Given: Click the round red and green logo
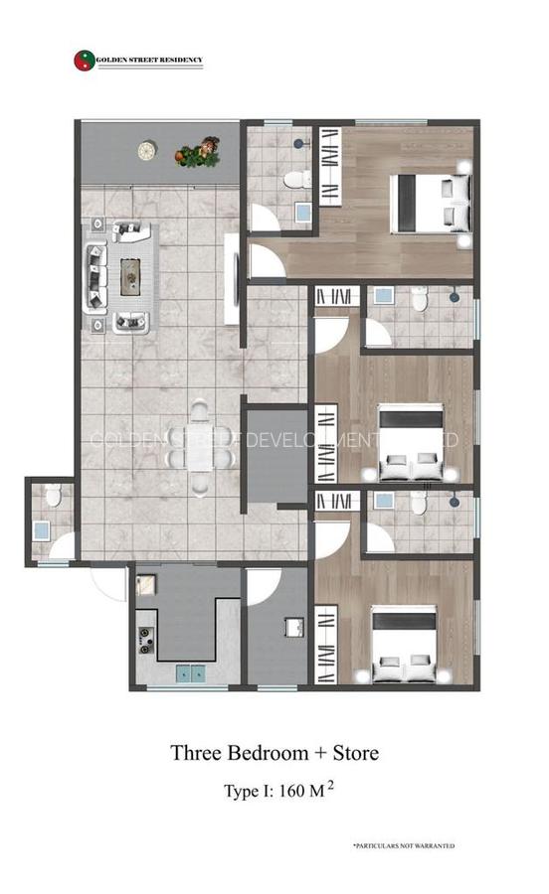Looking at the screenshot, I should (x=84, y=62).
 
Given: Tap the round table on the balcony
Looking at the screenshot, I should (x=147, y=150).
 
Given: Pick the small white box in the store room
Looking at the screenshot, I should (x=293, y=627).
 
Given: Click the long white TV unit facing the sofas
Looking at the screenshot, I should (x=231, y=278).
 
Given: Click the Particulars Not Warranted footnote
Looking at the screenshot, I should (x=403, y=845).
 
